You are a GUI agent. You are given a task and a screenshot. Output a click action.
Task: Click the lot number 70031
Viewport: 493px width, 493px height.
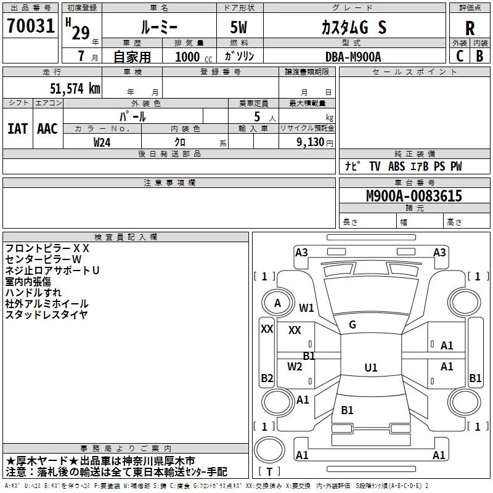tap(31, 26)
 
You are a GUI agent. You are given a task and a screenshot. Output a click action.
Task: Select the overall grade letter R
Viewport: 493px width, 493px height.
tap(470, 28)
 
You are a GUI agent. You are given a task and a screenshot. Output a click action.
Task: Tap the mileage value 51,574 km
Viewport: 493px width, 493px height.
tap(75, 89)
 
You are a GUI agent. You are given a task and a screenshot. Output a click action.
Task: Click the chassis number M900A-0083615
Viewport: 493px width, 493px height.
tap(414, 196)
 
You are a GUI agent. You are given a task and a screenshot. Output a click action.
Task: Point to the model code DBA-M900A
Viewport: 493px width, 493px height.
tap(353, 57)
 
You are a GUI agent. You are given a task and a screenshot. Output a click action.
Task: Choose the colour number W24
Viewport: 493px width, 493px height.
tap(102, 142)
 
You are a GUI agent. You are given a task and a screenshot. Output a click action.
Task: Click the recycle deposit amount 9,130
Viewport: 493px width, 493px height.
tap(311, 142)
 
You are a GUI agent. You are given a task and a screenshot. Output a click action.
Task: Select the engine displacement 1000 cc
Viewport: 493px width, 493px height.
tap(194, 57)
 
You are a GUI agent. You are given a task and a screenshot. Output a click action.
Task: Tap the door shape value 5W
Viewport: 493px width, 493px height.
tap(238, 27)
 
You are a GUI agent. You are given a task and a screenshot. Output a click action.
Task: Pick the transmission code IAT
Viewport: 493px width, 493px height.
tap(18, 129)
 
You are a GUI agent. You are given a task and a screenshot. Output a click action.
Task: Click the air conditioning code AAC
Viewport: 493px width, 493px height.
tap(47, 129)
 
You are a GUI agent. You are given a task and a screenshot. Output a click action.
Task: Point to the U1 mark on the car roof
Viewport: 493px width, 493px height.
tap(371, 367)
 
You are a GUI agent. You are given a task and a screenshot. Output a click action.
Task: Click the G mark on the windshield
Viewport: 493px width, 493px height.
tap(352, 325)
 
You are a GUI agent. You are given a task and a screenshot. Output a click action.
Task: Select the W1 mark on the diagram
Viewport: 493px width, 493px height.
tap(306, 308)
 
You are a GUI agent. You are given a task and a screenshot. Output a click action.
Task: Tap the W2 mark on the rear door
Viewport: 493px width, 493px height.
tap(295, 366)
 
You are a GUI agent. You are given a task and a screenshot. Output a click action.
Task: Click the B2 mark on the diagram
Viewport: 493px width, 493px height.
tap(267, 378)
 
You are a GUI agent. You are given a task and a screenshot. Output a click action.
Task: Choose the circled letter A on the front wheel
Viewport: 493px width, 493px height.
tap(277, 303)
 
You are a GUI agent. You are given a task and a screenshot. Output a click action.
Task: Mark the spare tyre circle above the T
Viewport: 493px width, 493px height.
tap(269, 450)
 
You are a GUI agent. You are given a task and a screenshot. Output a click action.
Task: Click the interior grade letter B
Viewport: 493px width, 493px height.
tap(480, 56)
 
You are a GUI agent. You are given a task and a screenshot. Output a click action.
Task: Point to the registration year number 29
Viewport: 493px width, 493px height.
tap(81, 33)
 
